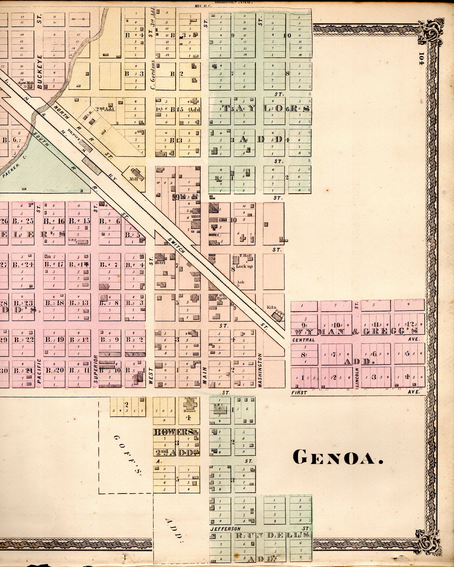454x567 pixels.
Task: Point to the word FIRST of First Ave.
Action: (x=299, y=393)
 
